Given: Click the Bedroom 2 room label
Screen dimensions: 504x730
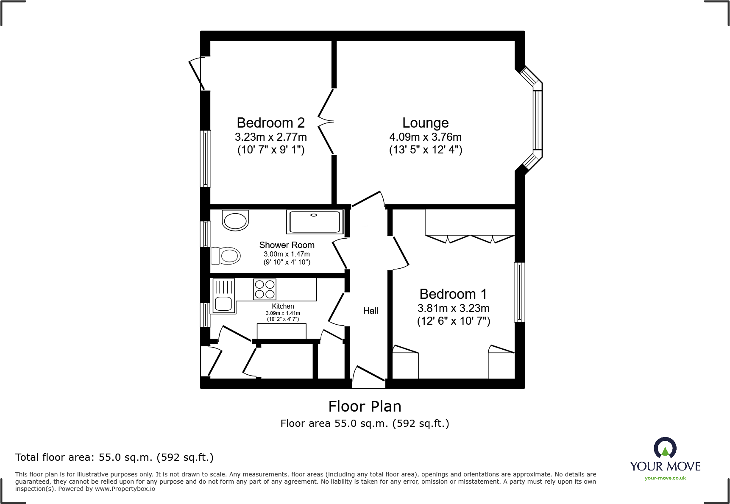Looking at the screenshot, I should (270, 123).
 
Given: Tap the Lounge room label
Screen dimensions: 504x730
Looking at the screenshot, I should (425, 123).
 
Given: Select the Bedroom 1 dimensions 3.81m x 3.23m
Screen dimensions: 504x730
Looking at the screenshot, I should (453, 308).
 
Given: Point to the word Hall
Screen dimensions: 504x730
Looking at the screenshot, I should (370, 311).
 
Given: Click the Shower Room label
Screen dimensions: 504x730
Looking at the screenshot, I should (287, 245).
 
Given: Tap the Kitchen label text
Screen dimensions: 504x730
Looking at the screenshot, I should (283, 306).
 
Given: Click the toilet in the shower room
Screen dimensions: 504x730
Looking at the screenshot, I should (226, 256).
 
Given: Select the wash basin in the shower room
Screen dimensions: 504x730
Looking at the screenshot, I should (235, 220).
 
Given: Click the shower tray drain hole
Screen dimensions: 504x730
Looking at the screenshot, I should (314, 215).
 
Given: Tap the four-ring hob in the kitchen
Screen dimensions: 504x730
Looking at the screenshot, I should (265, 289).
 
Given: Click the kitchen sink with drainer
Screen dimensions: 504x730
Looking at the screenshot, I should (223, 296).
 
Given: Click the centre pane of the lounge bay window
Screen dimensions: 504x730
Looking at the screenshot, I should (537, 120).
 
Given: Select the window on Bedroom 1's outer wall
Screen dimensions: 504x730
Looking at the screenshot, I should (519, 292).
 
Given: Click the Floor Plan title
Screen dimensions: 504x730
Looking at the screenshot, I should (365, 407).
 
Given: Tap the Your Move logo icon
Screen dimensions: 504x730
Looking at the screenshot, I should (665, 448).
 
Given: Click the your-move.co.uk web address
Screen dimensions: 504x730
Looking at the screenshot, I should (665, 478).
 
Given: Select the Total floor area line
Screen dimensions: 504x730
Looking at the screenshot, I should (114, 457).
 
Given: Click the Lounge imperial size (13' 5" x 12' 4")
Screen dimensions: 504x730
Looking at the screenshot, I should (425, 150).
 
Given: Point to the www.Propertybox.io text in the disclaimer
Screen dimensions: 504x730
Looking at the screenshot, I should (125, 489).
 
